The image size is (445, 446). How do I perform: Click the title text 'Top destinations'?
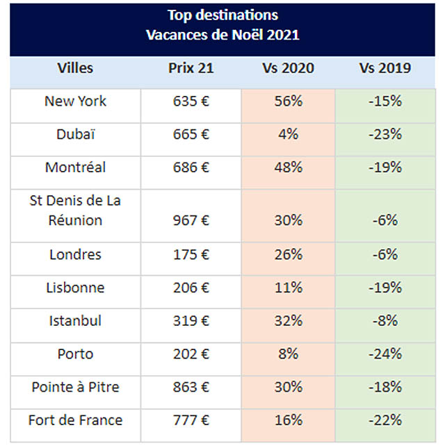(x=222, y=15)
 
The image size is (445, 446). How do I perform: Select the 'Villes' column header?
(x=75, y=68)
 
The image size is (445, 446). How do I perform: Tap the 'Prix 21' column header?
(x=191, y=68)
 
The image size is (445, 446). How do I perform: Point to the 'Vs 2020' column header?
(x=288, y=68)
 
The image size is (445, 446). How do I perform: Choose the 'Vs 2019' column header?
(x=385, y=68)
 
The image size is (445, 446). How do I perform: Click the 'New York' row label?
(x=75, y=101)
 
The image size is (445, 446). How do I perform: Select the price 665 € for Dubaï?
(x=191, y=135)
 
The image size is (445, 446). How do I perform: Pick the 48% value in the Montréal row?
(x=288, y=167)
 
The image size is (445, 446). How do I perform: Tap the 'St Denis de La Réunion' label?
(x=75, y=210)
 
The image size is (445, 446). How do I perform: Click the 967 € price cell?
(x=191, y=220)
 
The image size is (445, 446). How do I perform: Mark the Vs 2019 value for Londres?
(x=385, y=254)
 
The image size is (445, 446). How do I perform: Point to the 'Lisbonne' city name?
(x=75, y=288)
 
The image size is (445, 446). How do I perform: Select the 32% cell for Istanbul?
(x=288, y=321)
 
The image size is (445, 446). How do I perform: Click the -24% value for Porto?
(x=385, y=354)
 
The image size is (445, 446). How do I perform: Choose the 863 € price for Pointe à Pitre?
(x=191, y=387)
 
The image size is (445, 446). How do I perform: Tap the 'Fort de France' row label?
(x=75, y=420)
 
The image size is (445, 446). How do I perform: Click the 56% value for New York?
(x=288, y=101)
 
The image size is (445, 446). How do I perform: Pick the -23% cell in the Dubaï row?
(x=385, y=135)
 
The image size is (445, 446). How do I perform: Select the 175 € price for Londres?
(x=191, y=254)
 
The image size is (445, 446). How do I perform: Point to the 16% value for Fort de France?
(x=288, y=420)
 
